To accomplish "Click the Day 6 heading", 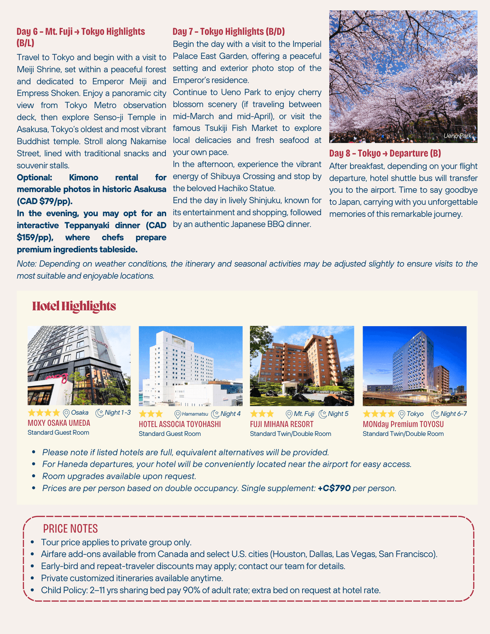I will (x=80, y=32).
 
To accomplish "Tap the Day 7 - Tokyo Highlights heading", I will (x=228, y=31).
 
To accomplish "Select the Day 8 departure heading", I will (x=385, y=153).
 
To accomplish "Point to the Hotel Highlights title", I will (x=74, y=306).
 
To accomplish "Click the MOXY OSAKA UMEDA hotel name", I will (x=59, y=423).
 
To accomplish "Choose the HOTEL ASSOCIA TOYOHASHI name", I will (x=180, y=424).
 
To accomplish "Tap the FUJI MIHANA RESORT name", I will (x=282, y=424).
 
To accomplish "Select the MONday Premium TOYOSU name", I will (x=403, y=424).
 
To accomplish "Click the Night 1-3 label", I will (x=117, y=413).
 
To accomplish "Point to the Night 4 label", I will (x=230, y=414).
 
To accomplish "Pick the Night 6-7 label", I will (x=453, y=414).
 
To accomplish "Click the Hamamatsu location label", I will (x=195, y=414).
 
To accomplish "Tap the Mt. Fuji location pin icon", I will (x=289, y=414).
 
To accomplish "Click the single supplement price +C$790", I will (x=334, y=488).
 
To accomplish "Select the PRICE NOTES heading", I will (x=70, y=529).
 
